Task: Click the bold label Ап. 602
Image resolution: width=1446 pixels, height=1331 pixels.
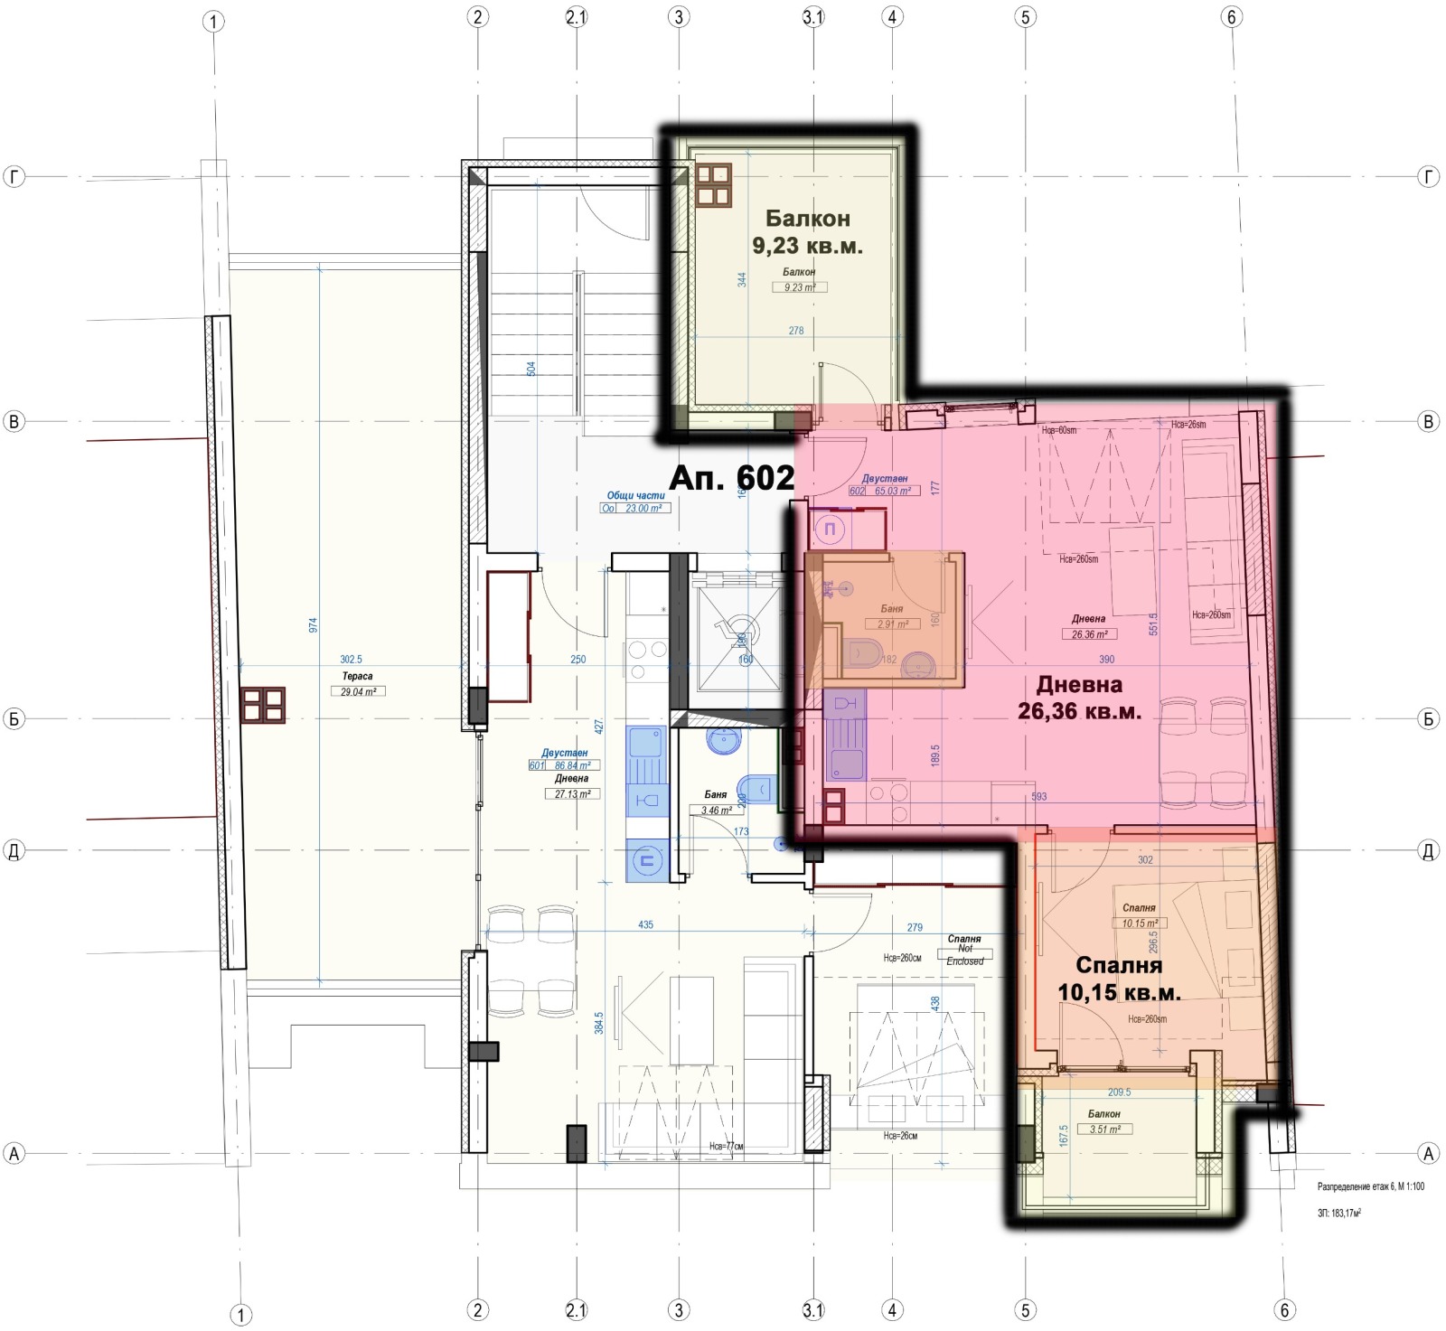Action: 731,477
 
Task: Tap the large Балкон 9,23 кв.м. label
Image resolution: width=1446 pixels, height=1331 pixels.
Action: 807,231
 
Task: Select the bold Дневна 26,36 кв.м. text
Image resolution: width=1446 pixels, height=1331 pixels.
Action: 1079,697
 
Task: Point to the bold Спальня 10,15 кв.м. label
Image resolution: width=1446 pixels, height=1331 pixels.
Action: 1119,979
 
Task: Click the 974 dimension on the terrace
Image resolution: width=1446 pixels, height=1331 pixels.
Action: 314,624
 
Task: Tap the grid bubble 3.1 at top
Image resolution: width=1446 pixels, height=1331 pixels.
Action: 813,17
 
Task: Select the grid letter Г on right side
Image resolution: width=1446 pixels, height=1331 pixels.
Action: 1428,177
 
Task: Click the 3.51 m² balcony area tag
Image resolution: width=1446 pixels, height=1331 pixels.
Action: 1104,1129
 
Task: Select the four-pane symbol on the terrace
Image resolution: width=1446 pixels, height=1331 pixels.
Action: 264,705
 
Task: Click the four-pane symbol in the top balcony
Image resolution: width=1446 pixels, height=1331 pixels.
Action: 713,185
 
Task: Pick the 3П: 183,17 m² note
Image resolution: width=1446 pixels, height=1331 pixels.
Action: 1339,1213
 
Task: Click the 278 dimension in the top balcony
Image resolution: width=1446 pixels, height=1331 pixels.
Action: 796,331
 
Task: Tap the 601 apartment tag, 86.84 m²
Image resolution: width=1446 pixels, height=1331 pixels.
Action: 564,765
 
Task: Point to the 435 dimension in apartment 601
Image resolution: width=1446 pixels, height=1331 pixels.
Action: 645,924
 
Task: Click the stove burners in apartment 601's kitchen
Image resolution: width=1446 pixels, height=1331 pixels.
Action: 646,659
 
